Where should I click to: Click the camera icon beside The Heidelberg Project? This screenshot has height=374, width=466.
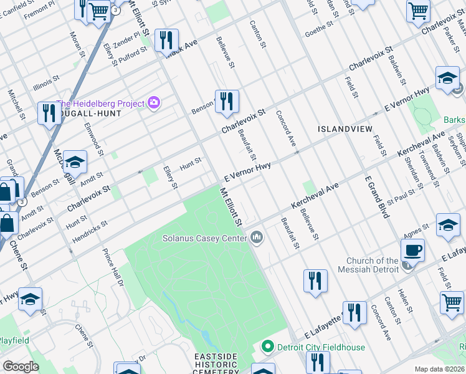click(153, 103)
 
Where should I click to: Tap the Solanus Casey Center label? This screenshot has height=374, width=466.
click(204, 237)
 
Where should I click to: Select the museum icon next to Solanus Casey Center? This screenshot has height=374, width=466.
click(257, 237)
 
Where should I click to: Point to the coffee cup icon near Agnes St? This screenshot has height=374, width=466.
click(412, 251)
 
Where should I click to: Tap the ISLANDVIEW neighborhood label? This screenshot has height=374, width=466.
click(345, 128)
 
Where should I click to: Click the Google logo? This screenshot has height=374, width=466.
click(21, 367)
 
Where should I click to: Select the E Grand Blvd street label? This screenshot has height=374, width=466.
click(377, 197)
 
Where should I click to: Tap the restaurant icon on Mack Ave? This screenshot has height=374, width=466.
click(166, 41)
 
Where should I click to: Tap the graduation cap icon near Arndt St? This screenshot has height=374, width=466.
click(75, 163)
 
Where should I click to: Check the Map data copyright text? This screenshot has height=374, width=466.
click(440, 369)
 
